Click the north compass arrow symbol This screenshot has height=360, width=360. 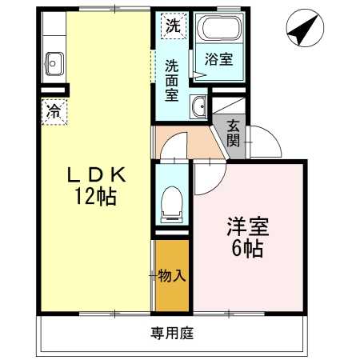coord(300,30)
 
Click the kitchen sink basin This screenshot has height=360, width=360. coord(55,61)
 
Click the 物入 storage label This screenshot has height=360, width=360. coord(173,276)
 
